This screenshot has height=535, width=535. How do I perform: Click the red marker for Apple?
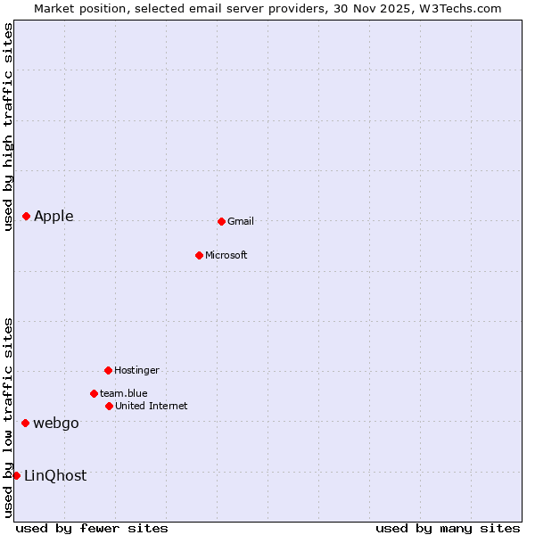coord(27,216)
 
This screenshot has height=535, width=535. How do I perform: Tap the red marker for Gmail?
coord(221,221)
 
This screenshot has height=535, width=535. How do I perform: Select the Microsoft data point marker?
coord(199,255)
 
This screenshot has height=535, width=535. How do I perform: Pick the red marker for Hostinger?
coord(108,370)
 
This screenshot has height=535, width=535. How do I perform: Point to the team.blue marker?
coord(94,393)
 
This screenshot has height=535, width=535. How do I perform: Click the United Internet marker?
coord(109,406)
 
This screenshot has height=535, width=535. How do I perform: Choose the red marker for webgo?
coord(26,423)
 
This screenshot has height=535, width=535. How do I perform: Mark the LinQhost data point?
coord(16,475)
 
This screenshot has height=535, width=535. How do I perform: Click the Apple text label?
coord(53,216)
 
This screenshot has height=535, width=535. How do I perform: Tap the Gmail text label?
coord(241,221)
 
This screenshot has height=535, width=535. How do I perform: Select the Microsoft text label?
coord(226,255)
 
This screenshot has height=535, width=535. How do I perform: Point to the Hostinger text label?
coord(136,370)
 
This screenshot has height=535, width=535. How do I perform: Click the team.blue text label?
coord(124,393)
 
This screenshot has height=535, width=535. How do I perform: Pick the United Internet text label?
coord(152,406)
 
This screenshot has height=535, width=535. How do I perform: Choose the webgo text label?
coord(56,423)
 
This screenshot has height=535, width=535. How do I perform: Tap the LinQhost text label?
coord(55,475)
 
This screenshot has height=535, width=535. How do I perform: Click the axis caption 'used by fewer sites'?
coord(92,528)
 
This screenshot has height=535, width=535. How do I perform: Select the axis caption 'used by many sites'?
coord(448,528)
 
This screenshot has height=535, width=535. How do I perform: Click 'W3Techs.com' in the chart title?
coord(460,8)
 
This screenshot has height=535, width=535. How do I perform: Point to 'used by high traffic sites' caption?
coord(8,127)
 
